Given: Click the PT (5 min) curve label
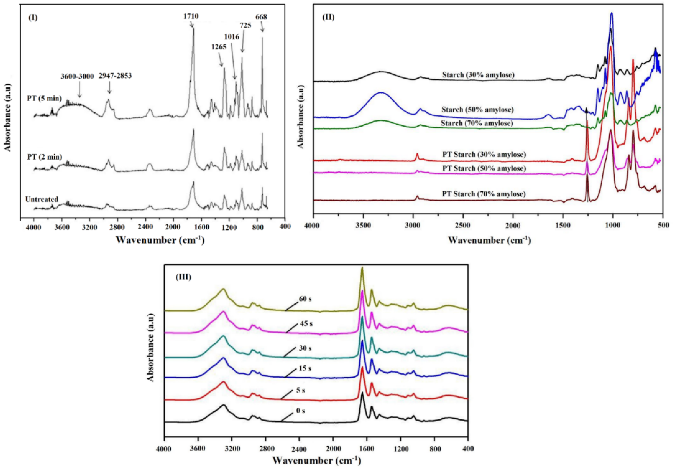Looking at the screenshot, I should [44, 98].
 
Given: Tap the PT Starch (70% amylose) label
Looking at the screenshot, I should [484, 194].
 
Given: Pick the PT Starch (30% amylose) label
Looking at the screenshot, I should [484, 154].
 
